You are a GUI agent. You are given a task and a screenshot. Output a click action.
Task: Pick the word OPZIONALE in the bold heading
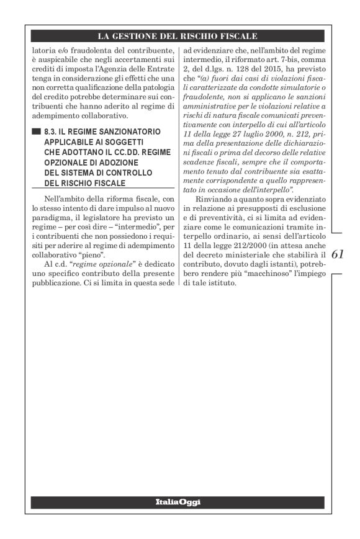[66, 158]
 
